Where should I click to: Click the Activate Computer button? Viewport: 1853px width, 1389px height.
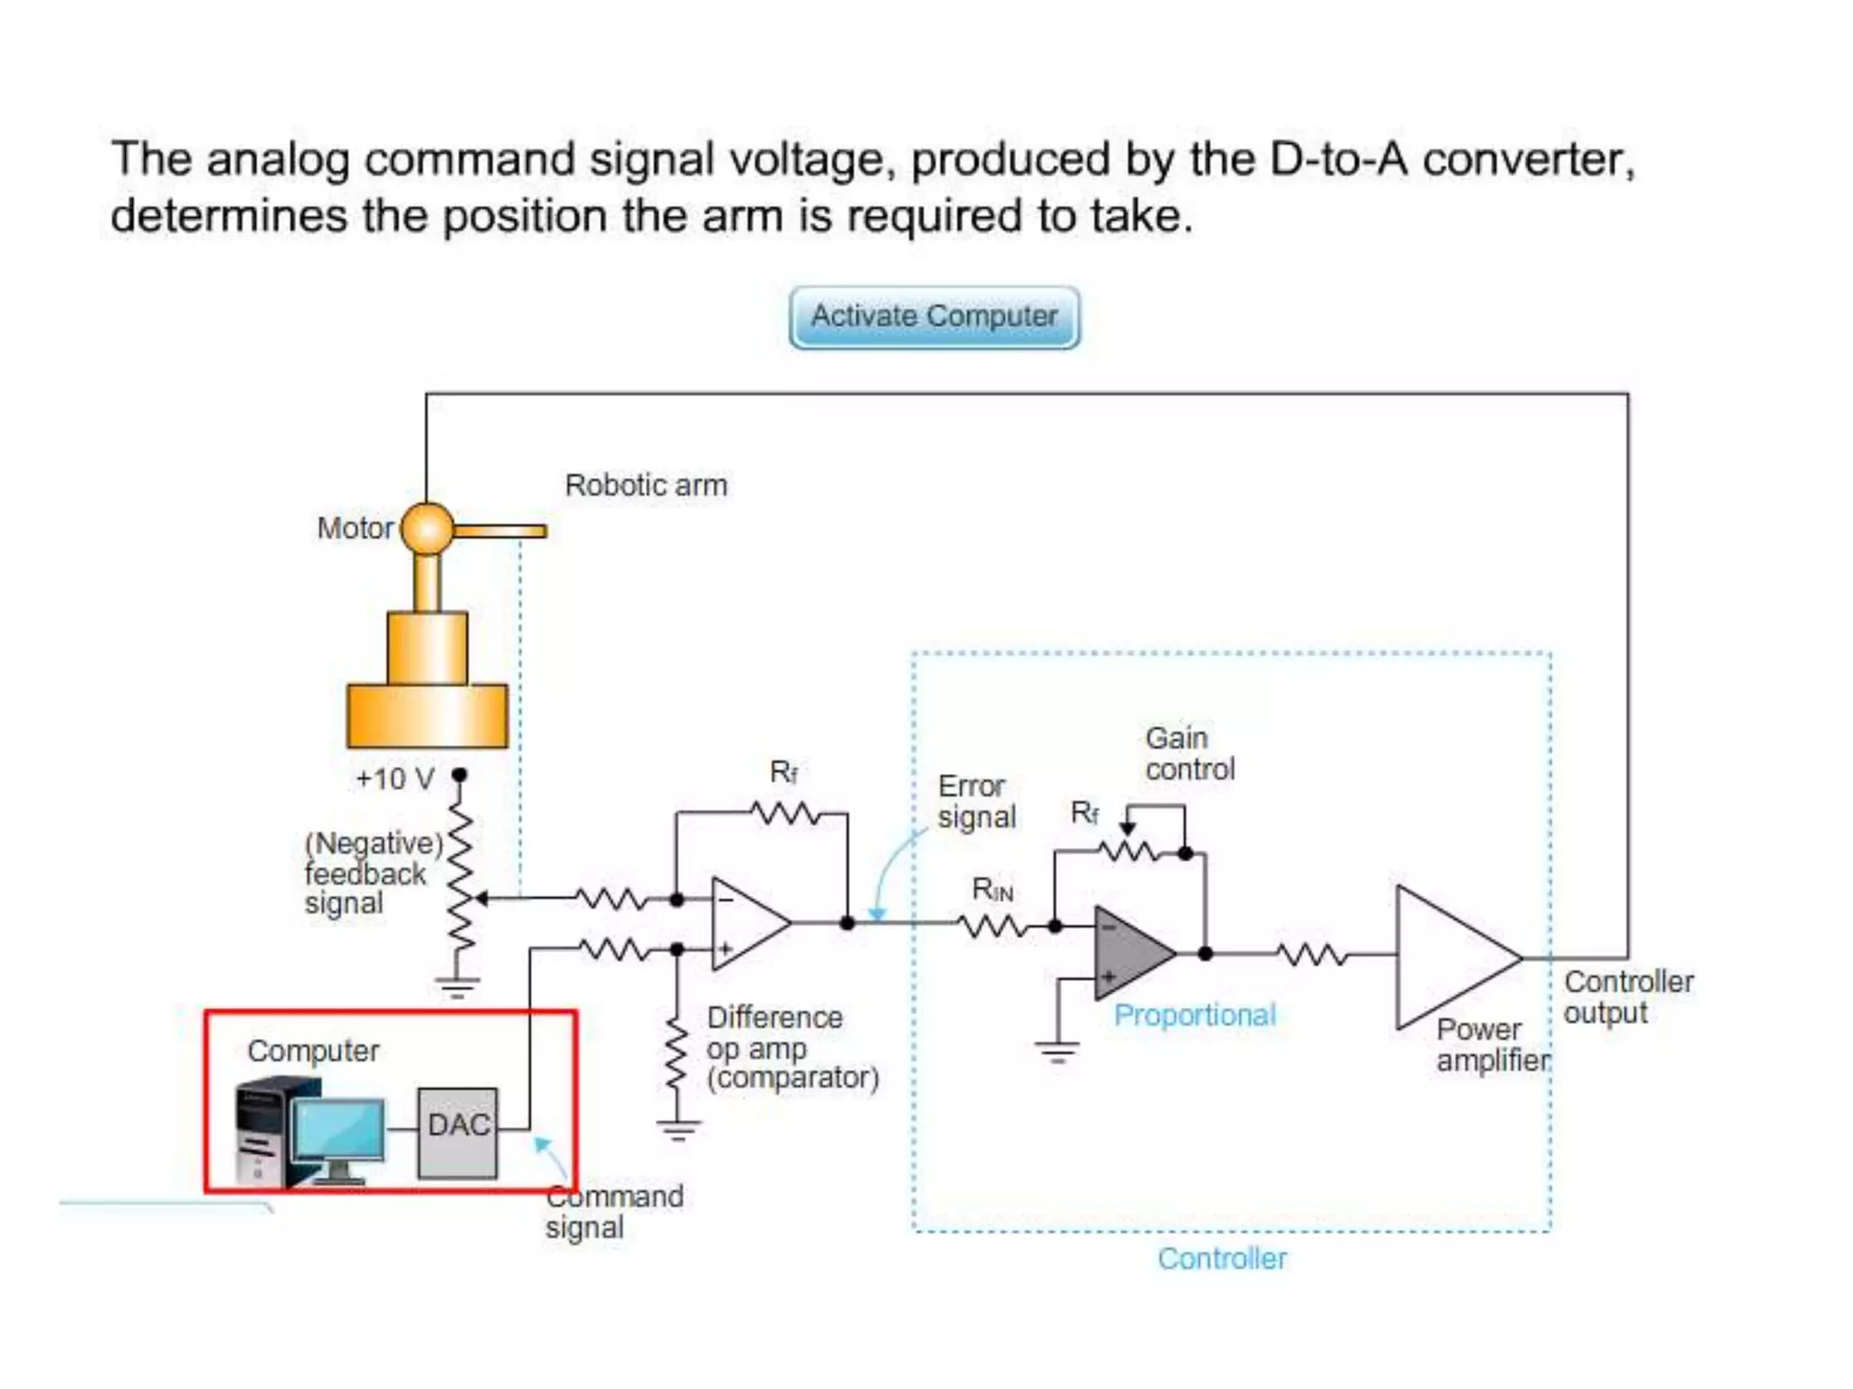click(934, 317)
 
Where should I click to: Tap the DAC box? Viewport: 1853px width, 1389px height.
click(458, 1132)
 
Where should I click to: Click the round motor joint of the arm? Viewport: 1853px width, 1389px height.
click(427, 528)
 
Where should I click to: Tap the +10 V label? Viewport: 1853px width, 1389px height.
click(394, 779)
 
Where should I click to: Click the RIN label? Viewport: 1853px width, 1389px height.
click(992, 890)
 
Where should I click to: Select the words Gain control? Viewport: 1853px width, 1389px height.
click(1189, 753)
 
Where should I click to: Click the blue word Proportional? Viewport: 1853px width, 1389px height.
click(1194, 1015)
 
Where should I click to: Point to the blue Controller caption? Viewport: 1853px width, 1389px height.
click(1221, 1258)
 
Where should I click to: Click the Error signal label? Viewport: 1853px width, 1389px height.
click(975, 801)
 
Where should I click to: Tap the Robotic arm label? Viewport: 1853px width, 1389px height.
click(646, 486)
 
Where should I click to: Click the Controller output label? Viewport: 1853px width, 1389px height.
click(1627, 997)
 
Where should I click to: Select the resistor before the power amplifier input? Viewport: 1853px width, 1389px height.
click(1311, 954)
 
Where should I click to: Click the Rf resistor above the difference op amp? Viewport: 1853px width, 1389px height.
click(785, 814)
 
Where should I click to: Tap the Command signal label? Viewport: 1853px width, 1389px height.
click(613, 1212)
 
